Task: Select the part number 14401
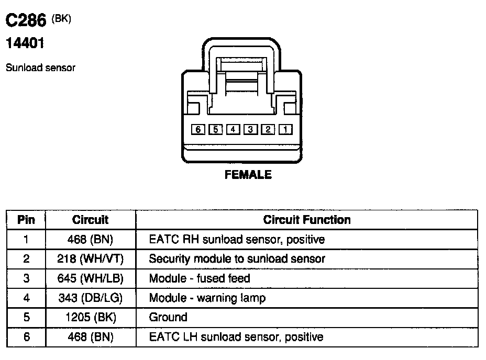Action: [x=25, y=44]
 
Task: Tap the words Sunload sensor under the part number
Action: [x=40, y=68]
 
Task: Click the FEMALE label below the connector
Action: [x=248, y=175]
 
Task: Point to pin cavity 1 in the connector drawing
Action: [x=285, y=129]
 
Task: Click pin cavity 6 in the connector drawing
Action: [x=197, y=129]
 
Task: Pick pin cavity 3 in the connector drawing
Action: [x=250, y=129]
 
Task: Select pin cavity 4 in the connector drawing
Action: [x=233, y=129]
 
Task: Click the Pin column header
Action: [x=26, y=220]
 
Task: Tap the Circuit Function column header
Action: [x=307, y=220]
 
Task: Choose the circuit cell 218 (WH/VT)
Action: [x=90, y=258]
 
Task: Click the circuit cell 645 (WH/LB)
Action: [x=90, y=278]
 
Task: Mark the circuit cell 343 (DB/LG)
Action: [x=90, y=298]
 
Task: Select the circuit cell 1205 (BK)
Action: [x=90, y=317]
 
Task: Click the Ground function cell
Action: [x=168, y=317]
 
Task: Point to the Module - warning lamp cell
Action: [x=207, y=298]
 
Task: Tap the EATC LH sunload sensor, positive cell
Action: [x=236, y=336]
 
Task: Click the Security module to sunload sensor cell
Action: [x=237, y=258]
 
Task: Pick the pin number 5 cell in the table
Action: [x=26, y=317]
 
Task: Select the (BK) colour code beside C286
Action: [x=62, y=19]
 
